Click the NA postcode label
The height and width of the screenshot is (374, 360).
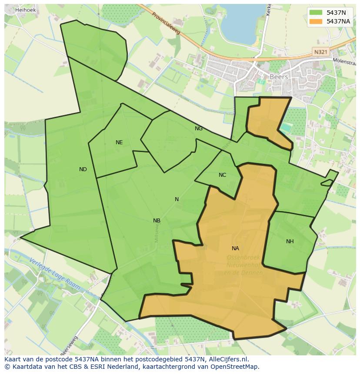(x=235, y=248)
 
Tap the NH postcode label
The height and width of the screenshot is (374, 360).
(x=290, y=242)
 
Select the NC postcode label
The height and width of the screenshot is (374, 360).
(x=222, y=175)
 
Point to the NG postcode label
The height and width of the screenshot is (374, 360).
(x=199, y=129)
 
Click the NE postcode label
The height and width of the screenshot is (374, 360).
(x=119, y=142)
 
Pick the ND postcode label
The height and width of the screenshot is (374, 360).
(x=83, y=169)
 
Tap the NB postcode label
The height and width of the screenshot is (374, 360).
(x=157, y=221)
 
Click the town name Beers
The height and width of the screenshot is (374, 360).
(x=279, y=77)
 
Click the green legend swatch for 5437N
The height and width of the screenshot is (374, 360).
(x=316, y=12)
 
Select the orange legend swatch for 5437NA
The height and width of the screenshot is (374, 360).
(x=316, y=21)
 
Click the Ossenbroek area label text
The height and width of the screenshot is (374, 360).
(x=243, y=258)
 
